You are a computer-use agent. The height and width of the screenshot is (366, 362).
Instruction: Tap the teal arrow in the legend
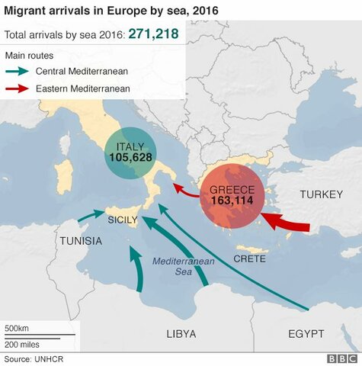(x=23, y=72)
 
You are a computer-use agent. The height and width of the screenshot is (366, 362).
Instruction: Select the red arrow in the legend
(x=23, y=88)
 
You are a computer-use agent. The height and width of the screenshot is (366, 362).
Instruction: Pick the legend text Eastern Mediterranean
(x=87, y=88)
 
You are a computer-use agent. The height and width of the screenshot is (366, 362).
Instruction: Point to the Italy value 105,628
(x=131, y=158)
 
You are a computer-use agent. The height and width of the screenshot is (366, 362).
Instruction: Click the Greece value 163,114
(x=232, y=202)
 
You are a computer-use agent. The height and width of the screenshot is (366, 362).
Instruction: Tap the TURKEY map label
(x=321, y=194)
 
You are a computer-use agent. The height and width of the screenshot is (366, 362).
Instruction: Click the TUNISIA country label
(x=80, y=241)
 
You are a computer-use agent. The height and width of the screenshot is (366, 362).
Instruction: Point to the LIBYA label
(x=181, y=334)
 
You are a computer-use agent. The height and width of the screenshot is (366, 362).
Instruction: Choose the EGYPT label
(x=306, y=334)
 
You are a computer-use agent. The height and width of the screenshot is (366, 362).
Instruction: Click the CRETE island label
(x=249, y=259)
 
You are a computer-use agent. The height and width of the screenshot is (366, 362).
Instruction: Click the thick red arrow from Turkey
(x=287, y=223)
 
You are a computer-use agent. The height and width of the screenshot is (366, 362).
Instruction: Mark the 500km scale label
(x=18, y=328)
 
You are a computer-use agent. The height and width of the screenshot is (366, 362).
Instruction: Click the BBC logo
(x=341, y=358)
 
